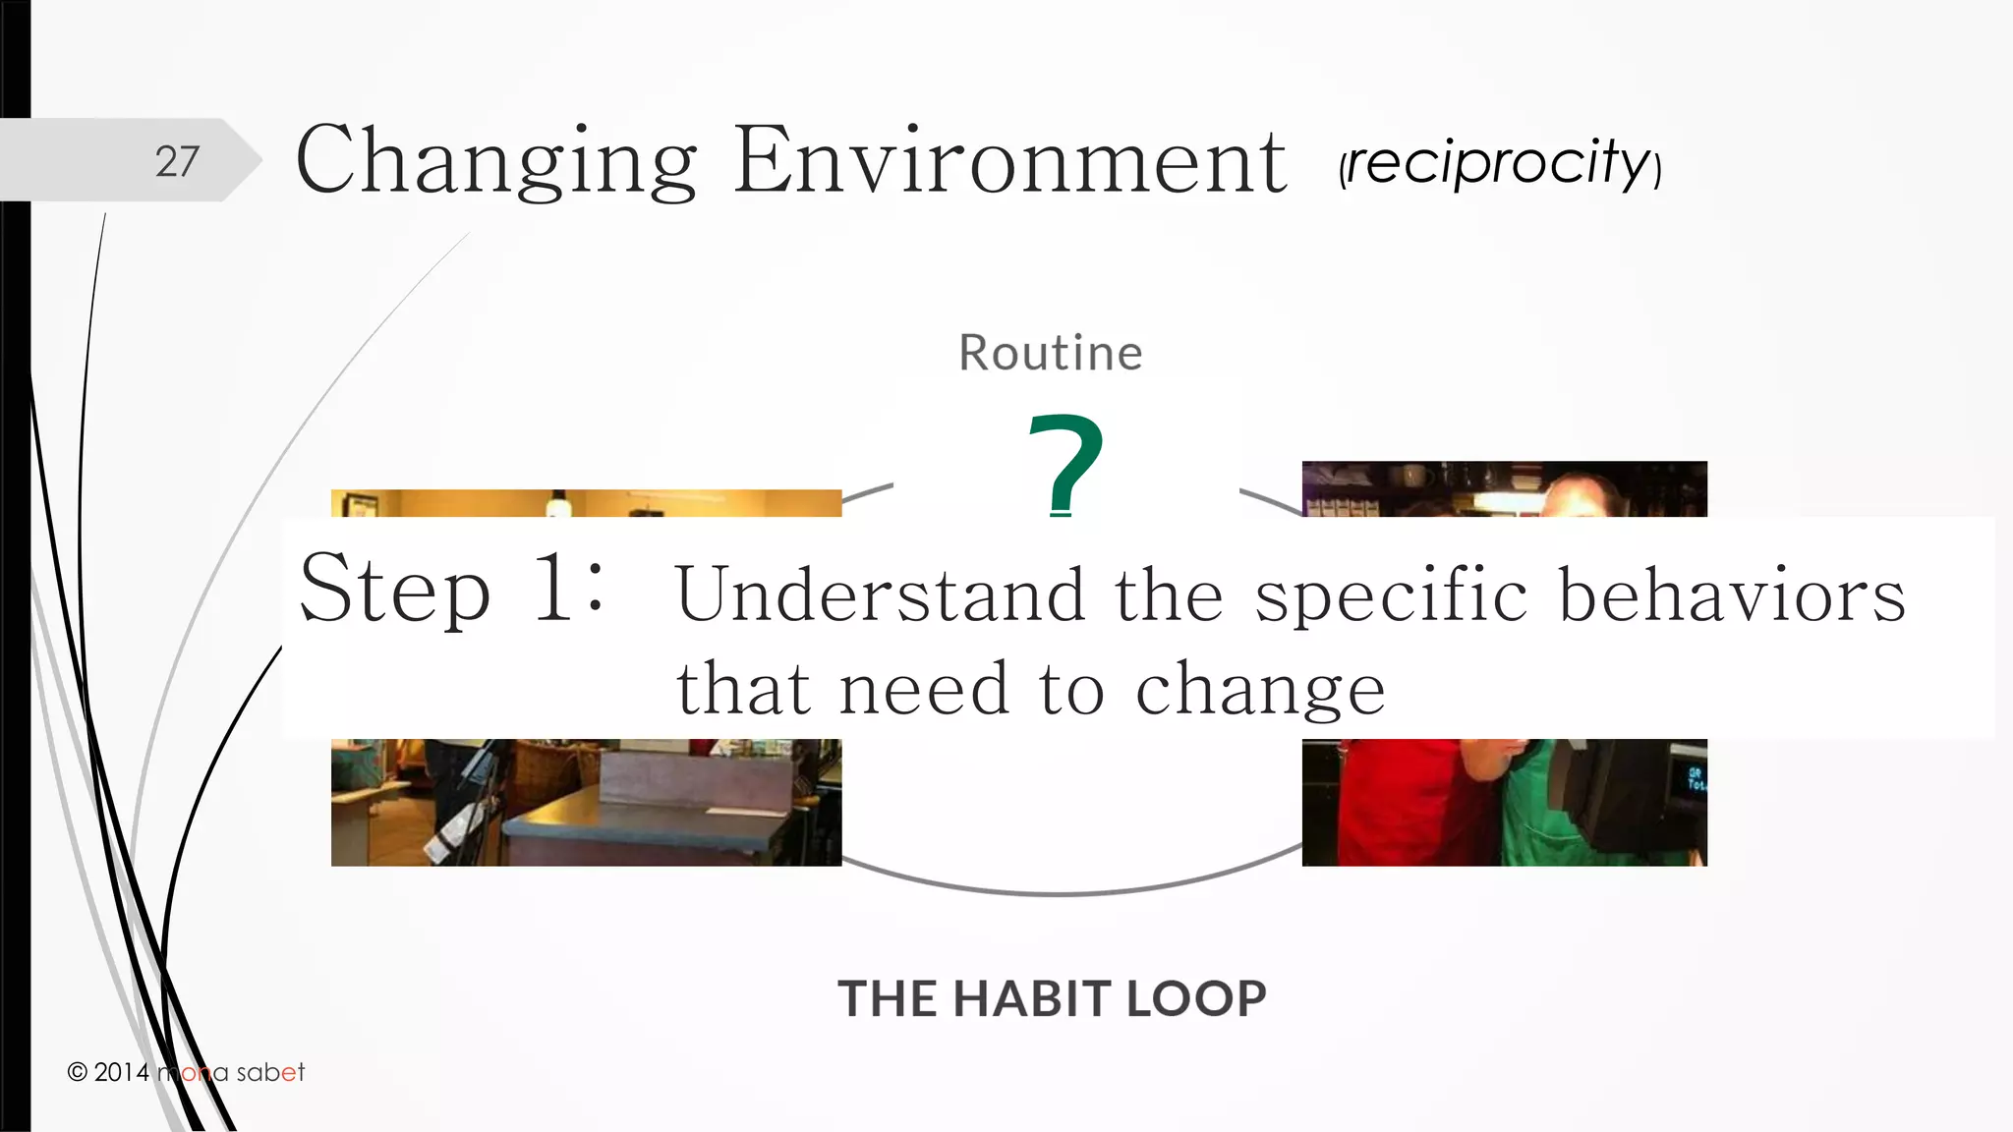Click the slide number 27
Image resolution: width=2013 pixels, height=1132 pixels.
tap(177, 161)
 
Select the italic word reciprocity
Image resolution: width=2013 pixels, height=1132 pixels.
tap(1500, 162)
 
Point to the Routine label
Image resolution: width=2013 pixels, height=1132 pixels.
tap(1051, 353)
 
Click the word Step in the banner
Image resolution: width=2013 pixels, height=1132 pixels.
tap(394, 589)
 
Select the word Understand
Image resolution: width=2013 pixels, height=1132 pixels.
tap(881, 594)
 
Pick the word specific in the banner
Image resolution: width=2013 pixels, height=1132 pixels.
tap(1391, 596)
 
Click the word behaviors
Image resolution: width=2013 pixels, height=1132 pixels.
tap(1732, 594)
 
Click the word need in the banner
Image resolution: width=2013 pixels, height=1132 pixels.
tap(924, 688)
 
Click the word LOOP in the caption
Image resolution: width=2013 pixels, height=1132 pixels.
tap(1196, 999)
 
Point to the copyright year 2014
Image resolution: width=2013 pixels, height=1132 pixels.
tap(122, 1072)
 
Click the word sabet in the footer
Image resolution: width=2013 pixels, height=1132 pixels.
tap(270, 1072)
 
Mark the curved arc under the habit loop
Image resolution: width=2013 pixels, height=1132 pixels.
tap(1062, 891)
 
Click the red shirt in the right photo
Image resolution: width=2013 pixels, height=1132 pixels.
tap(1396, 801)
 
